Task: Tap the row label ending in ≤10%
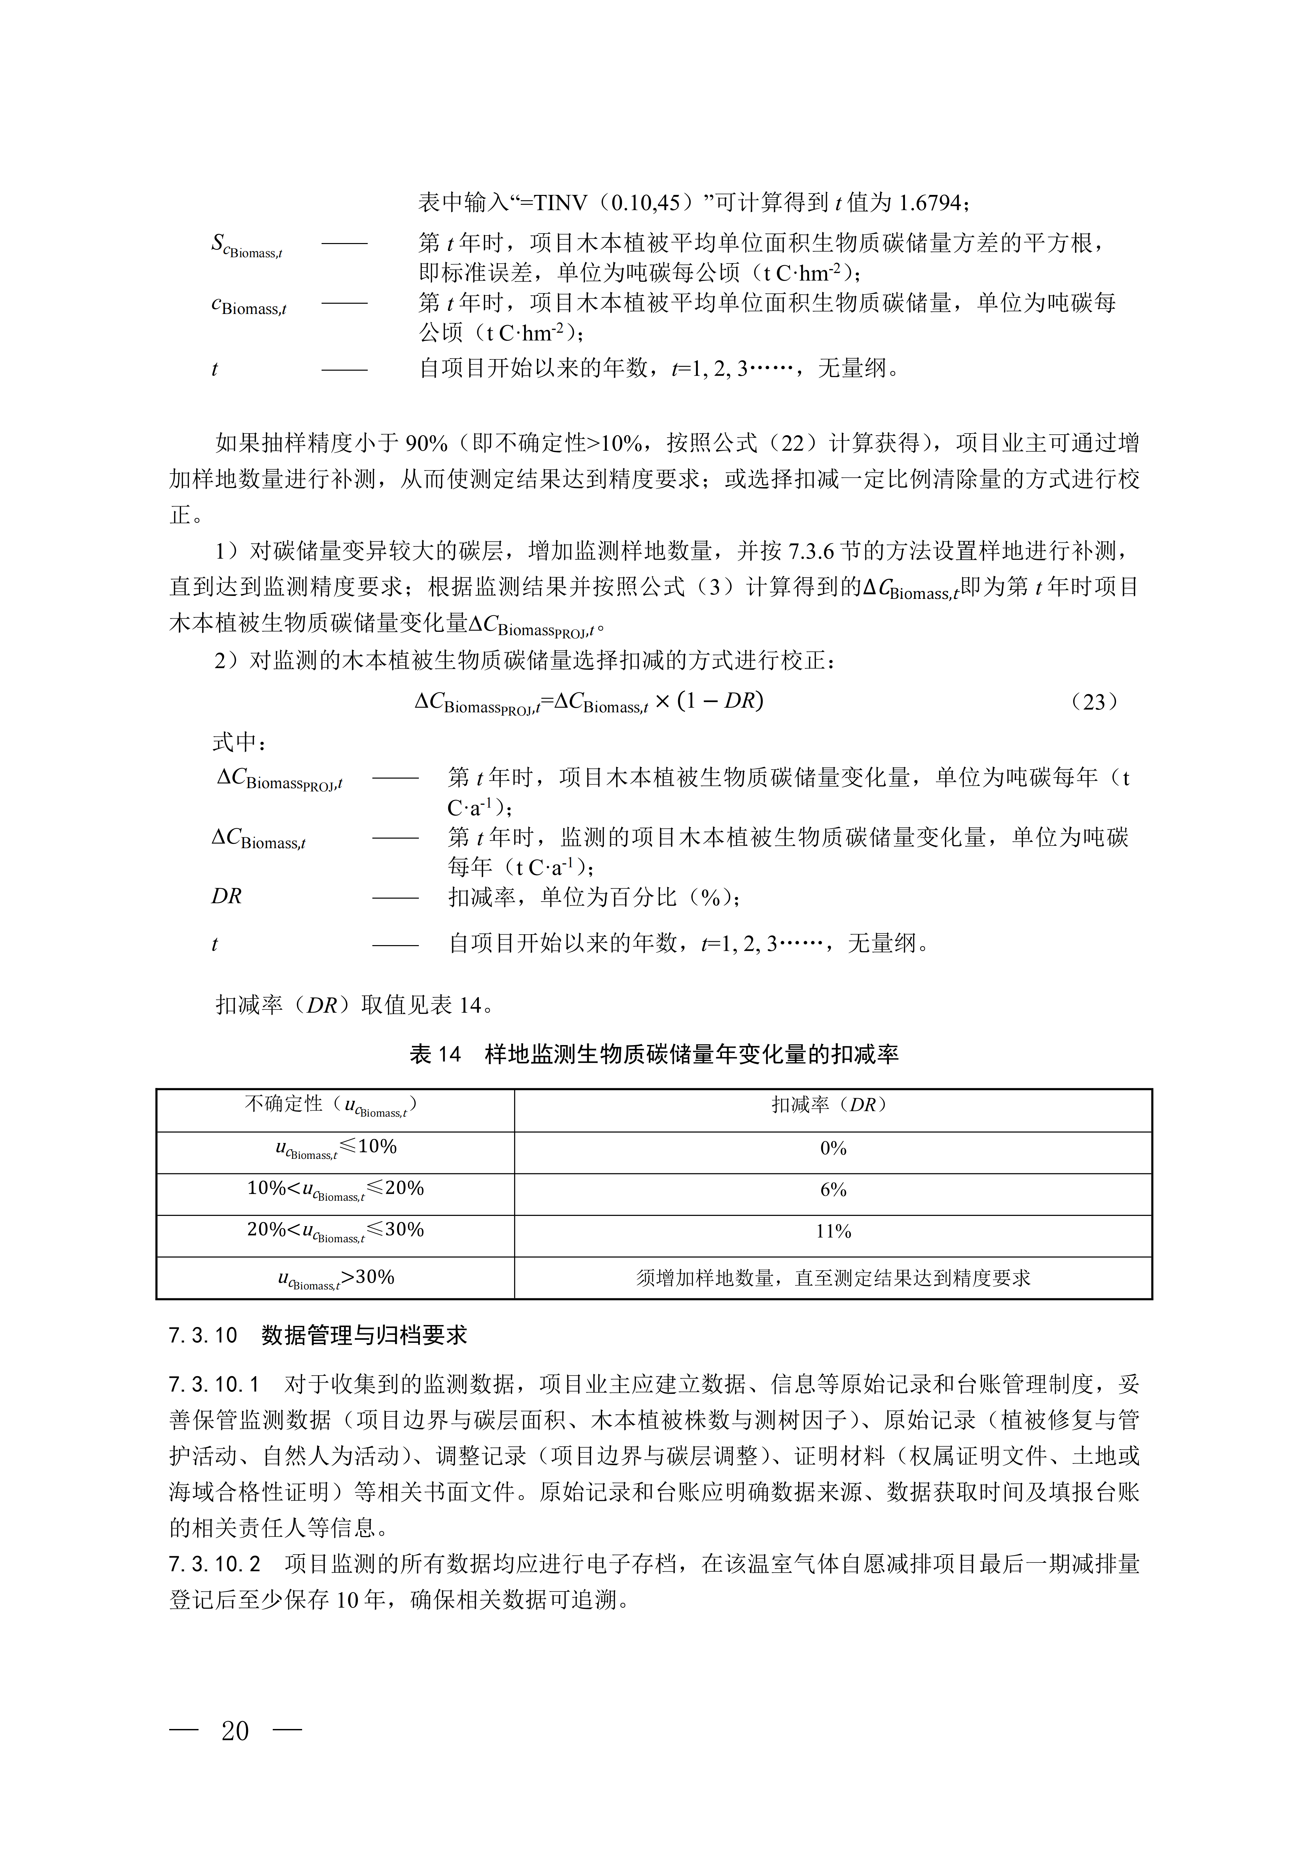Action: pos(335,1148)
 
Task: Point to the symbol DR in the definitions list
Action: pos(227,896)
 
